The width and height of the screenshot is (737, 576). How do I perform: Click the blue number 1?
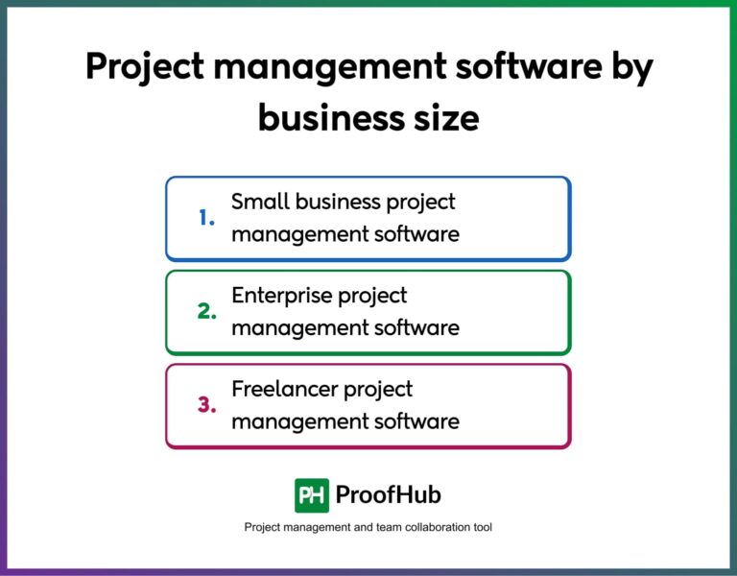(x=206, y=219)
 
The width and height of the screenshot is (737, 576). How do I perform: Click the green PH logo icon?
(x=312, y=495)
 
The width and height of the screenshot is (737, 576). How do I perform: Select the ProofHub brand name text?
(x=389, y=495)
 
